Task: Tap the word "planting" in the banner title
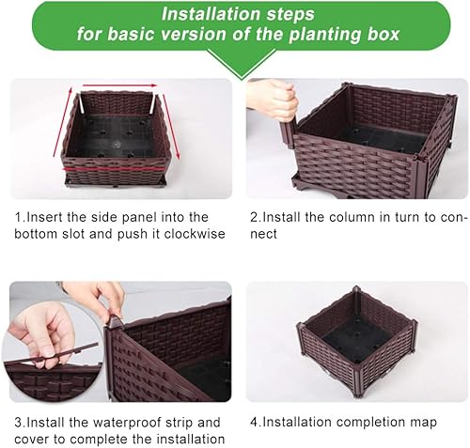[x=328, y=35]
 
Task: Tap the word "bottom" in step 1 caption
[x=37, y=234]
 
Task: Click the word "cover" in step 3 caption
[x=34, y=439]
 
